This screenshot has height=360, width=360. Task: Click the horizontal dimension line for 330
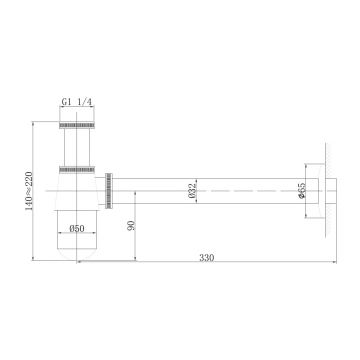click(200, 265)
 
